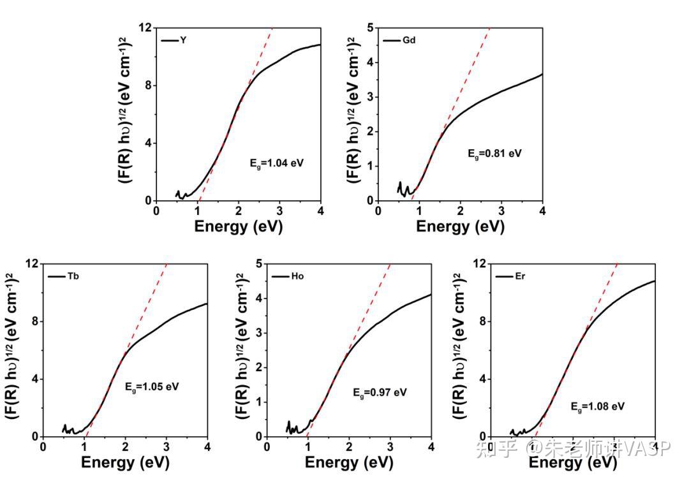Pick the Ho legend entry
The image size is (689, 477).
(x=287, y=277)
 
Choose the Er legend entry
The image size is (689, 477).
(x=510, y=277)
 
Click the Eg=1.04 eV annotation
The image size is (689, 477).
(x=276, y=163)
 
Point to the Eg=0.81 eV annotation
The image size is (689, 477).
(x=494, y=154)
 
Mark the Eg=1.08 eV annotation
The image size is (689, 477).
(x=598, y=406)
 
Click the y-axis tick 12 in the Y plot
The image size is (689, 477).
(x=145, y=28)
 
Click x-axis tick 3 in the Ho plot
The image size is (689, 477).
(x=390, y=447)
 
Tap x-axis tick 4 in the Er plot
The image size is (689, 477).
(x=655, y=447)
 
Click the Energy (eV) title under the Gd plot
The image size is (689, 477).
(x=460, y=226)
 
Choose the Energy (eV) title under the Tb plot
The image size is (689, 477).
(x=125, y=462)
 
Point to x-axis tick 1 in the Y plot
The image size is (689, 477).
(x=198, y=211)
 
